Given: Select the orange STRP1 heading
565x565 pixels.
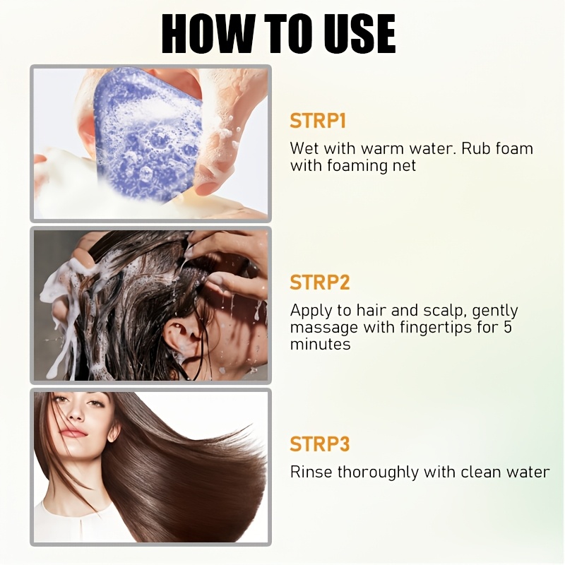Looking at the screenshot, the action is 318,121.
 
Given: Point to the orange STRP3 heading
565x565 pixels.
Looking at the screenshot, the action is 320,444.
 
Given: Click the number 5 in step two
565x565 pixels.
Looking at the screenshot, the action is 507,327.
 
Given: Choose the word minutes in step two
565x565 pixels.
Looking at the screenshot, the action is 321,344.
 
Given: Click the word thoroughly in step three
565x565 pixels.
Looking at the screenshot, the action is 379,472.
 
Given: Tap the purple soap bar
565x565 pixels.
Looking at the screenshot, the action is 148,133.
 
